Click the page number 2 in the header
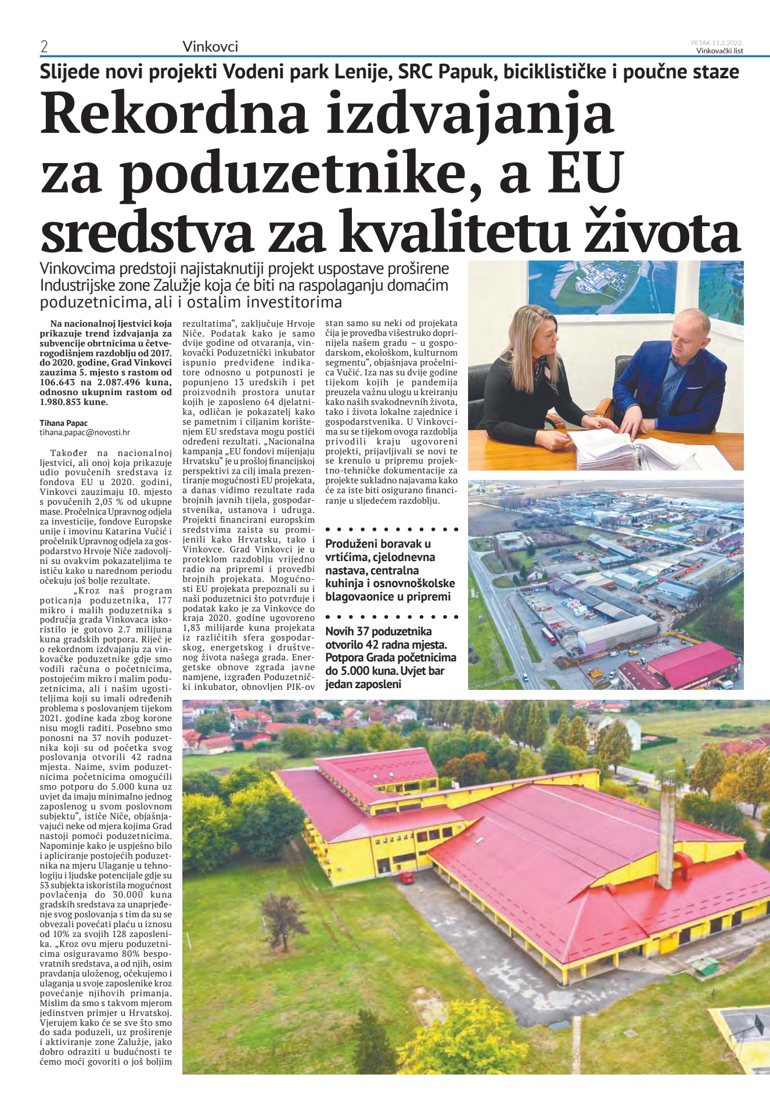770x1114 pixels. pos(44,47)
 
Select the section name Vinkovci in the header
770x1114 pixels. pos(210,46)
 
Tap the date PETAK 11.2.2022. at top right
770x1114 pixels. pos(717,43)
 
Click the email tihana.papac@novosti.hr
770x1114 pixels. pos(85,432)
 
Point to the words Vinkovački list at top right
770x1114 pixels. pos(719,51)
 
